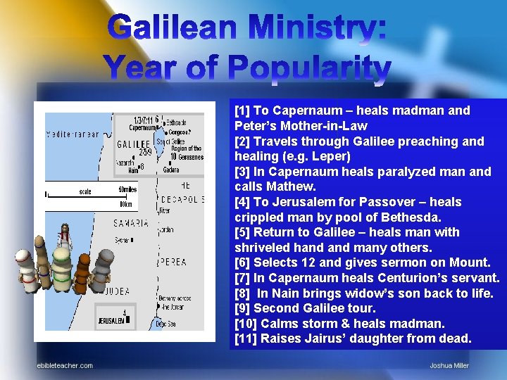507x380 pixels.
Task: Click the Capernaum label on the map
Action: (143, 128)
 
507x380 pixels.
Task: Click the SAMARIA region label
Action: (131, 223)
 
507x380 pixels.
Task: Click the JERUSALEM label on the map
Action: (111, 320)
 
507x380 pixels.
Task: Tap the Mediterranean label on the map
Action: (73, 134)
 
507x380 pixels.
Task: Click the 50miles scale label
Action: (127, 189)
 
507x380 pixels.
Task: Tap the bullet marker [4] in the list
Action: (242, 202)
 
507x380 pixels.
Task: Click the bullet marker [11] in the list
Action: (245, 338)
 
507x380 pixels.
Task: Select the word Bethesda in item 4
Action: (413, 217)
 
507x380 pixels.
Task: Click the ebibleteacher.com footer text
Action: (65, 365)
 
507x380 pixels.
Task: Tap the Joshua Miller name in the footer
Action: (449, 365)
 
